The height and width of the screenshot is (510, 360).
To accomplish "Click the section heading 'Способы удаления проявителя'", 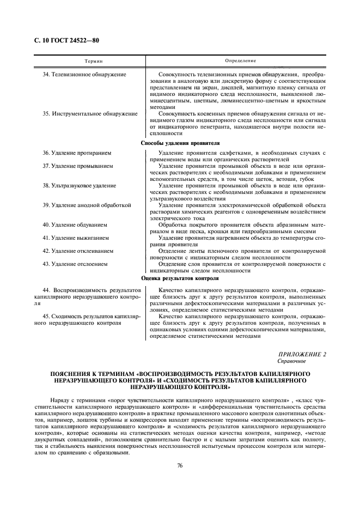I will click(x=180, y=143).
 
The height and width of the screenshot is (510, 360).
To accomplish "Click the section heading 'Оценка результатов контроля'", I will click(x=180, y=277).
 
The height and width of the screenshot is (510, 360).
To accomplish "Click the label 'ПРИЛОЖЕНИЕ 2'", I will click(x=302, y=354).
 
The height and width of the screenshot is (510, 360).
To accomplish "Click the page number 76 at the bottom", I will click(x=180, y=465).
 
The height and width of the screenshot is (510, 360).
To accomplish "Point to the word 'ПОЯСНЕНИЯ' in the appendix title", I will click(x=70, y=374).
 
